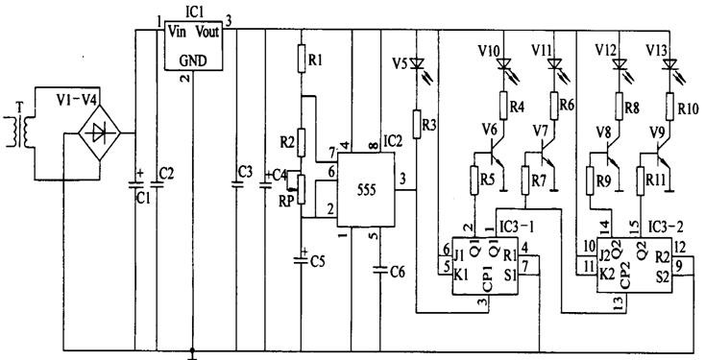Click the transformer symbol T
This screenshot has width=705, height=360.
coord(19,132)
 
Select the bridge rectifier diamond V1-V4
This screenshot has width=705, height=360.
coord(99,133)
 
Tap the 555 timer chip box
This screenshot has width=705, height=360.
coord(366,190)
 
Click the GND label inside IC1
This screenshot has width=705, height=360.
coord(193,60)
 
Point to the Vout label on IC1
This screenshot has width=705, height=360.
coord(207,32)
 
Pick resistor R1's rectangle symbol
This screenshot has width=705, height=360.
coord(302,58)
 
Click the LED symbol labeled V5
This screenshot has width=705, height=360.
coord(418,62)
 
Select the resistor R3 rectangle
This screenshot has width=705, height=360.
coord(417,124)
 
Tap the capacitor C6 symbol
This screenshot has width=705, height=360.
coord(380,270)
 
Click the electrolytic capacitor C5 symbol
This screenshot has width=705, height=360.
coord(302,259)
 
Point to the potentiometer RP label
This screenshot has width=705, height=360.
coord(285,201)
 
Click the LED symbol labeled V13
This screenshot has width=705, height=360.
coord(669,64)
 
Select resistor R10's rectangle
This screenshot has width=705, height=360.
coord(669,107)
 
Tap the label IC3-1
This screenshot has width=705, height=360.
coord(515,227)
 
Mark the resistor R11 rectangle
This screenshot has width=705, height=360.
coord(641,180)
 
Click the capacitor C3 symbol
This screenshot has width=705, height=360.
coord(236,184)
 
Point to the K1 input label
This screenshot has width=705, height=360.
coord(460,276)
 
